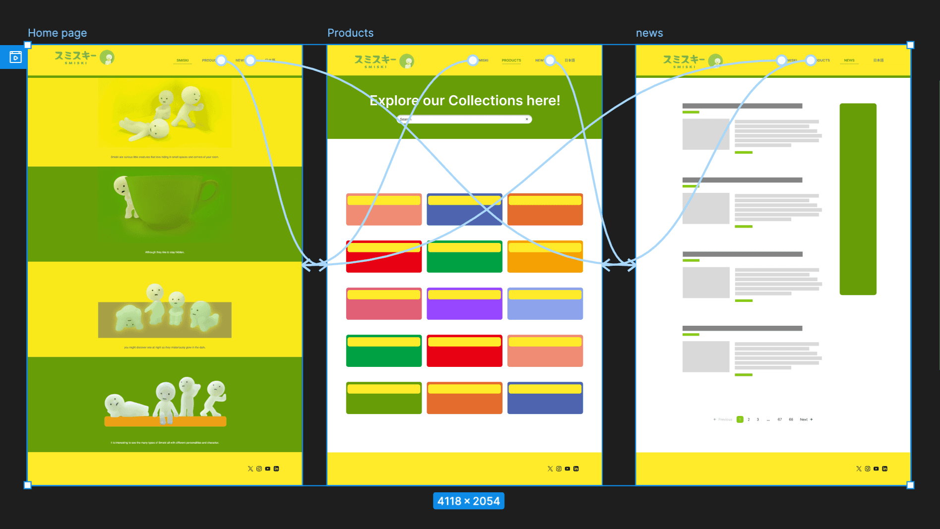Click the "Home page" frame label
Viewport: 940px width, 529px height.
coord(57,33)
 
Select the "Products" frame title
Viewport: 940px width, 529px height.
coord(350,33)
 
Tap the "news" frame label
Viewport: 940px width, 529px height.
coord(649,33)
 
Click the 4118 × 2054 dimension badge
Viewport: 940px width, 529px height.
coord(468,501)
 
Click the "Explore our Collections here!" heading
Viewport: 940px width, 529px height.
coord(465,101)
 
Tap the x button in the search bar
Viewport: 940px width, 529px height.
coord(527,119)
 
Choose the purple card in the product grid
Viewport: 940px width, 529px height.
coord(464,303)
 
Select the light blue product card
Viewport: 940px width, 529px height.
coord(545,303)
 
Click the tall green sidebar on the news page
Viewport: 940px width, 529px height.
coord(858,199)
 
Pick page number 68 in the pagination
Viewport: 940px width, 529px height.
coord(791,419)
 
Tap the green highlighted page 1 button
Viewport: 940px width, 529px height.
coord(740,419)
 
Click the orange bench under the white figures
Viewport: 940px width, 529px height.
coord(165,422)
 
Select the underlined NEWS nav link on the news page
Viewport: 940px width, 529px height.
coord(849,60)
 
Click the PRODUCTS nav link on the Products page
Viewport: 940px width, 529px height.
coord(511,60)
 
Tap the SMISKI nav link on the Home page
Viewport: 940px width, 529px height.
coord(183,60)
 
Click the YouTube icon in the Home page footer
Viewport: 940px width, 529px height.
coord(268,469)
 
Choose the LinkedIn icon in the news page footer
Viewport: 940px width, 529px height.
coord(885,469)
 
